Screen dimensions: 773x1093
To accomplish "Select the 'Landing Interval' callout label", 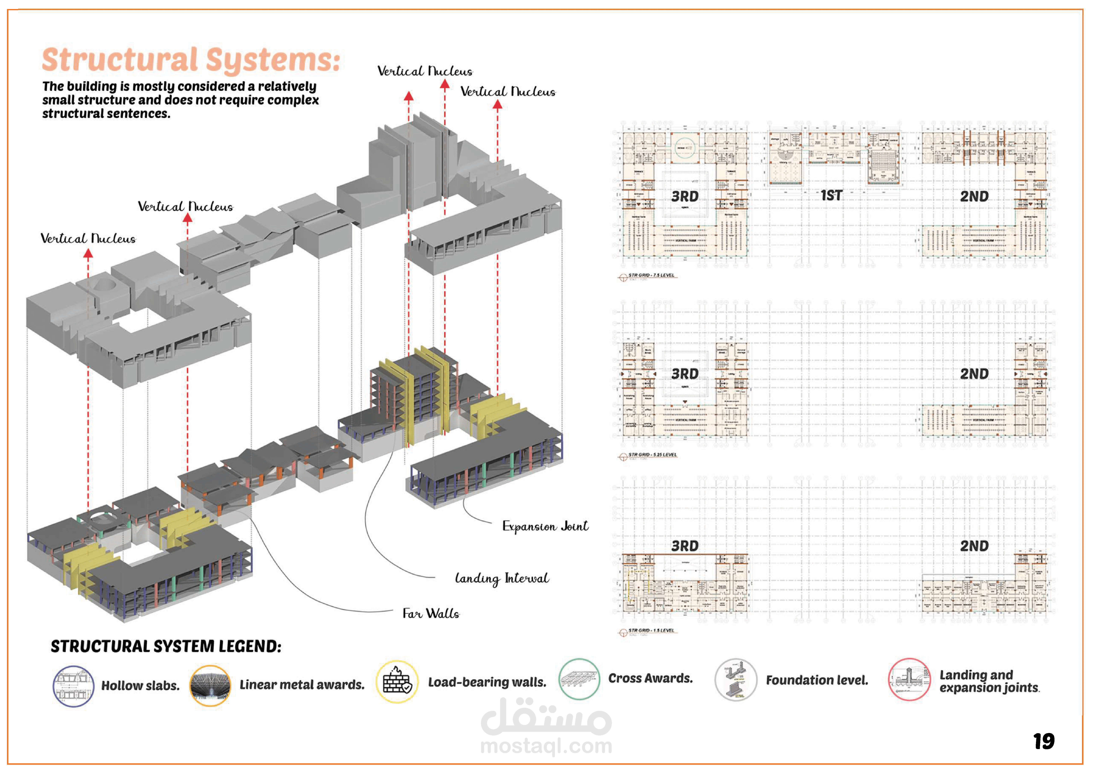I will pos(502,578).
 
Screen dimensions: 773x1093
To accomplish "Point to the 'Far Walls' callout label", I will pos(431,614).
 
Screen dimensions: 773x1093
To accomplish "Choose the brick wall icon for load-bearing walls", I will pos(397,682).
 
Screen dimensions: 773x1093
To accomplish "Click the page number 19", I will pos(1043,741).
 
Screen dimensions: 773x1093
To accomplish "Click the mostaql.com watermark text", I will pos(546,746).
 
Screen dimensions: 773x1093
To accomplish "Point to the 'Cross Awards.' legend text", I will pos(650,678).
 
